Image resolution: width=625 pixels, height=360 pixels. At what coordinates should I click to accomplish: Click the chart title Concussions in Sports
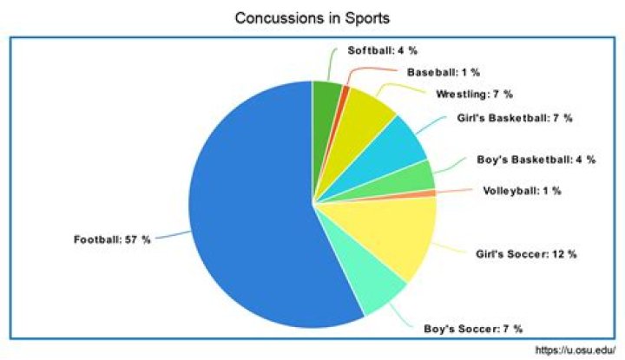click(312, 17)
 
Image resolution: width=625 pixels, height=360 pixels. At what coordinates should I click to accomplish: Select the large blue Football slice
click(252, 208)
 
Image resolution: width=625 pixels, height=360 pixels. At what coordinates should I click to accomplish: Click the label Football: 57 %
click(112, 239)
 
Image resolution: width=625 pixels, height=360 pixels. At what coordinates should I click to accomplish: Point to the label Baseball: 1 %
click(444, 72)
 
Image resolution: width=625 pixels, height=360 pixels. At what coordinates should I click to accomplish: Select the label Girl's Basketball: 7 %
click(514, 117)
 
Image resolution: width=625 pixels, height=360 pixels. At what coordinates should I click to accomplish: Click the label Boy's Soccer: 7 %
click(473, 330)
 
